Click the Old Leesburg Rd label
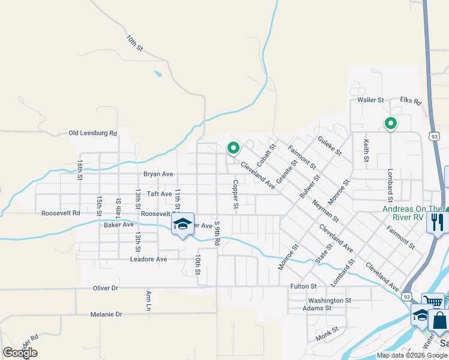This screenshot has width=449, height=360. (x=92, y=133)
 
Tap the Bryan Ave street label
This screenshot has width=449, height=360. (x=158, y=174)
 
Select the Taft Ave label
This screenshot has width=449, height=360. (x=160, y=194)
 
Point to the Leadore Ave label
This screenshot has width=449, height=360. (x=148, y=259)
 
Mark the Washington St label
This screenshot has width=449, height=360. (x=329, y=300)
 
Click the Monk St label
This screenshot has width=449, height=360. (x=327, y=329)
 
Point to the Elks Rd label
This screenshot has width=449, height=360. (x=411, y=101)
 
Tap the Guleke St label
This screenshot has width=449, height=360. (x=330, y=145)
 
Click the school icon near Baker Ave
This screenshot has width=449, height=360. (x=182, y=224)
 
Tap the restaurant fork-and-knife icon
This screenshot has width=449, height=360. (x=436, y=223)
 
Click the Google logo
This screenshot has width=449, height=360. (x=20, y=353)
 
